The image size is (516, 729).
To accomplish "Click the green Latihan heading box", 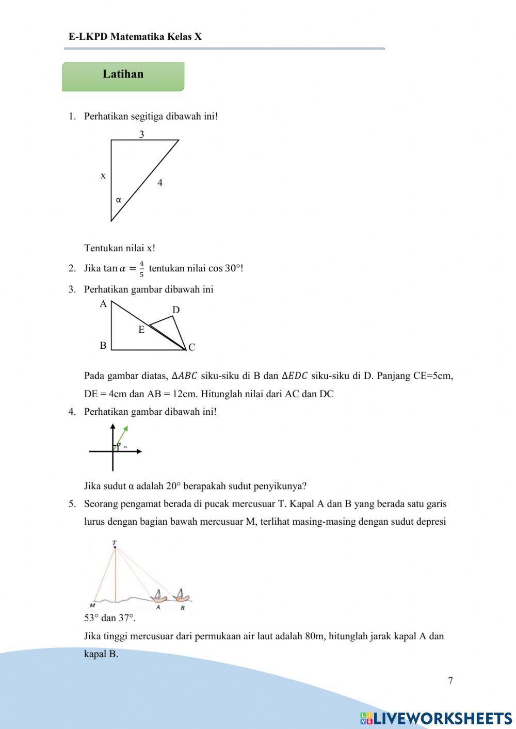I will click(123, 76).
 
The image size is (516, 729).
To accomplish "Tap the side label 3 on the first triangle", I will click(141, 135).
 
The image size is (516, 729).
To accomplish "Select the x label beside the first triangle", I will click(103, 176).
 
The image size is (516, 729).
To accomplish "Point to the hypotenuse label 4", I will click(160, 183).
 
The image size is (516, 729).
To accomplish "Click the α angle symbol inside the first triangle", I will click(119, 200).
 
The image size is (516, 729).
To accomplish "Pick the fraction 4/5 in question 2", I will click(141, 268).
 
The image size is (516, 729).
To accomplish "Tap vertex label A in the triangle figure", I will click(103, 304).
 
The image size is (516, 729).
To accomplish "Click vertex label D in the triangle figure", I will click(176, 310).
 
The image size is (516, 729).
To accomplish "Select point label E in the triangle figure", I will click(141, 330).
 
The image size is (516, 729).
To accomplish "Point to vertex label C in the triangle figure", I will click(192, 347).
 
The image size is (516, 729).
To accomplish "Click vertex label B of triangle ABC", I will click(103, 346).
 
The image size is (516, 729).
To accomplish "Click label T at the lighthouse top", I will click(115, 543).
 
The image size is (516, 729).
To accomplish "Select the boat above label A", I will click(159, 597).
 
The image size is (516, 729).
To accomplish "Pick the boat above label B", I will click(181, 596).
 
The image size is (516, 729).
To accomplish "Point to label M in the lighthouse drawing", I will click(92, 605).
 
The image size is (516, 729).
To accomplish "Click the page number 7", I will click(450, 681).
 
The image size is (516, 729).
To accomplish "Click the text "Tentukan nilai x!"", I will click(120, 248).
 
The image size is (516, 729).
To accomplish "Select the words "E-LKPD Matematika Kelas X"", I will click(135, 37).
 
